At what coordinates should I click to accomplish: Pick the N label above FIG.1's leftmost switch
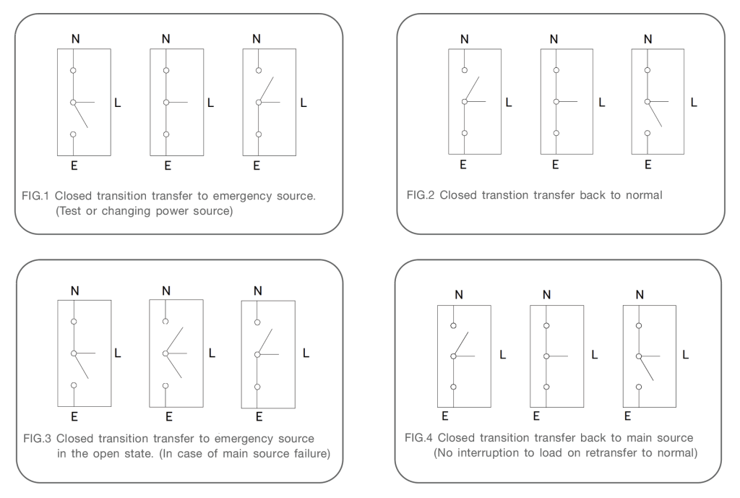tap(75, 38)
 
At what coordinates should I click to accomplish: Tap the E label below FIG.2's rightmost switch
tap(647, 165)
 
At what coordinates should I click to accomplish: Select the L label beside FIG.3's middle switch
tap(212, 354)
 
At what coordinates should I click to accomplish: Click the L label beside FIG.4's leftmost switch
tap(503, 355)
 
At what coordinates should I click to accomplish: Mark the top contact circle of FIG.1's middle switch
tap(166, 70)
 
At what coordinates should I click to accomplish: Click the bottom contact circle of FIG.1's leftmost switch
tap(73, 134)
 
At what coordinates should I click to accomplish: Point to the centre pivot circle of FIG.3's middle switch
tap(165, 353)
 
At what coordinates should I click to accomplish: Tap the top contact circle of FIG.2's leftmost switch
tap(465, 71)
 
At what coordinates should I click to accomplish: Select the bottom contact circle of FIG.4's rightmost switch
tap(638, 387)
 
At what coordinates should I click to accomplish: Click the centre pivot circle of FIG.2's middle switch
tap(556, 102)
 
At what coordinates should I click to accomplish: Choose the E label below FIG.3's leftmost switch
tap(74, 416)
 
